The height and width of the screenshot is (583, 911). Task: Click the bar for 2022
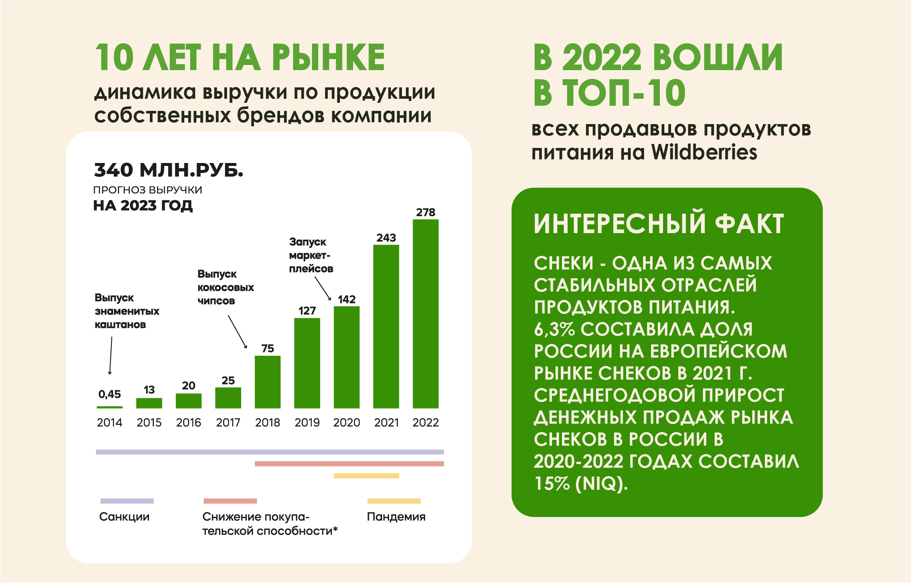tap(425, 314)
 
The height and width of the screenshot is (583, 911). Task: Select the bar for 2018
tap(268, 382)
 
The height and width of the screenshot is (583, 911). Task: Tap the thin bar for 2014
tap(109, 408)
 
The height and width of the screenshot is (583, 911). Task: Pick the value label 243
tap(386, 238)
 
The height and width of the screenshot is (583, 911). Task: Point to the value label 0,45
tap(109, 394)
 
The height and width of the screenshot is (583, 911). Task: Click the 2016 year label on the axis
tap(189, 423)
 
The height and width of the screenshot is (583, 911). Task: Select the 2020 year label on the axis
tap(346, 423)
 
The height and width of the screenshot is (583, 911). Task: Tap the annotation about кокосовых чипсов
tap(226, 287)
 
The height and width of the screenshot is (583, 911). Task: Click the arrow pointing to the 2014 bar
tap(111, 355)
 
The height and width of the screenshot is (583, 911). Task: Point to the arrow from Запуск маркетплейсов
tap(323, 289)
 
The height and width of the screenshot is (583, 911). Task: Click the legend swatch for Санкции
tap(127, 501)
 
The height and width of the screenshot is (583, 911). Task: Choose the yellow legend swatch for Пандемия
tap(393, 501)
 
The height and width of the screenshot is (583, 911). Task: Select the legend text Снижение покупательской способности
tap(269, 524)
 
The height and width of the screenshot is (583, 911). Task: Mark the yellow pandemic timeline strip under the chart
tap(366, 476)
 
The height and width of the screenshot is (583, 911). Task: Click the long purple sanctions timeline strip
tap(269, 452)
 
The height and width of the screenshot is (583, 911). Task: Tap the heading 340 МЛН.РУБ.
tap(168, 170)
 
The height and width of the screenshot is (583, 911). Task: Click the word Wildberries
tap(704, 153)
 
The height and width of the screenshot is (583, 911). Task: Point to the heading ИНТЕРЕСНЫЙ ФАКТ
tap(658, 224)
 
